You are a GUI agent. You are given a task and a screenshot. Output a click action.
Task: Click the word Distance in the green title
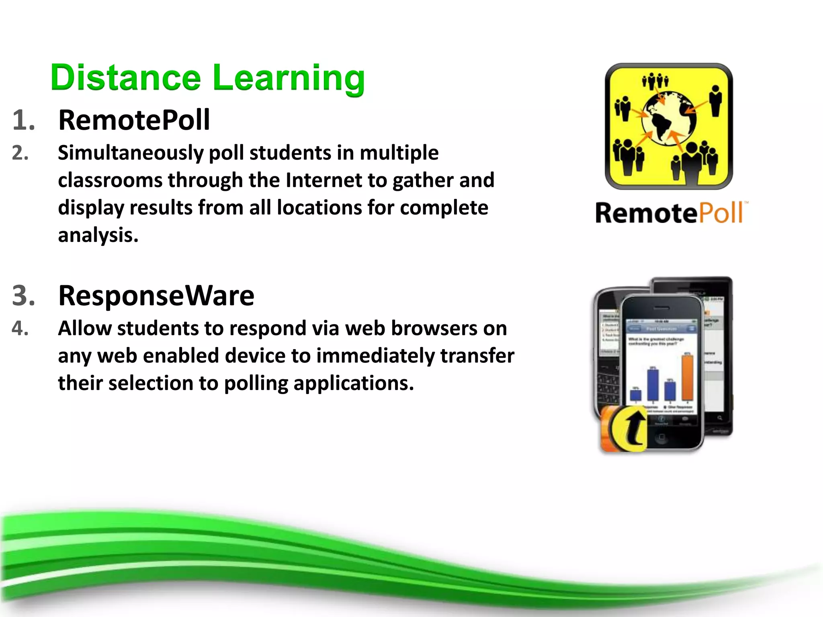tap(125, 78)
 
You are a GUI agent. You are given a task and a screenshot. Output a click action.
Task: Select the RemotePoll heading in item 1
tap(134, 120)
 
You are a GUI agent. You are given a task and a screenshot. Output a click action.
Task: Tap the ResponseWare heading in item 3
tap(156, 296)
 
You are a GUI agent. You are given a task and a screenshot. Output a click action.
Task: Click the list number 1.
tap(23, 120)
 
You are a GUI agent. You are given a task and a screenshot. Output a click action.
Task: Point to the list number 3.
tap(23, 296)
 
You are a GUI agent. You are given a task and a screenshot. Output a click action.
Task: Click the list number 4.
tap(20, 329)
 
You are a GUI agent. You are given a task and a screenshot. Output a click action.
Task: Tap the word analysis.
tap(98, 235)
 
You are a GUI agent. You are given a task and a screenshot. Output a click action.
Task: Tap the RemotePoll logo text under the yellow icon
tap(669, 213)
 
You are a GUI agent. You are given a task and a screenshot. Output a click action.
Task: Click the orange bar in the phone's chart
tap(687, 378)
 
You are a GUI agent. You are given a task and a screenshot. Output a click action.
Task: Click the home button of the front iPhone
tap(661, 437)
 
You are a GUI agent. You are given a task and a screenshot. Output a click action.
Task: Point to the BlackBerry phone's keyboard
tap(608, 388)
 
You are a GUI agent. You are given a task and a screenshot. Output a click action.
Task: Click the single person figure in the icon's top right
tap(715, 100)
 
